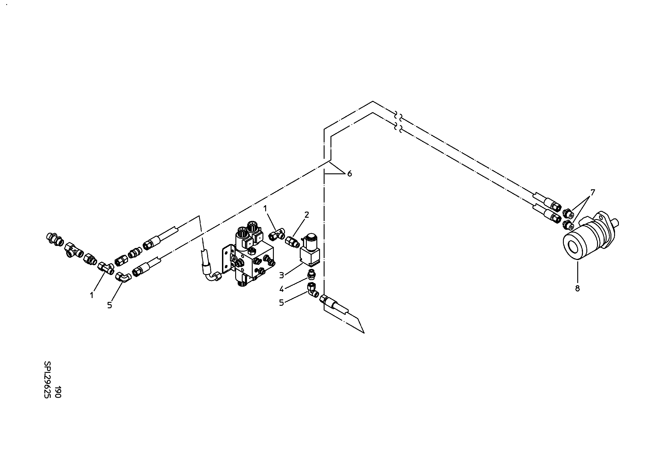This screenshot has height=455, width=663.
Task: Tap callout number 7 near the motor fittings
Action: point(592,192)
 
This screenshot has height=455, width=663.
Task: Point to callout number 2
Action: point(307,215)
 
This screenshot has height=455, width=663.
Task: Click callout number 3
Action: point(282,275)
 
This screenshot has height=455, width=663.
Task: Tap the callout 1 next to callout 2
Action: point(265,209)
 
